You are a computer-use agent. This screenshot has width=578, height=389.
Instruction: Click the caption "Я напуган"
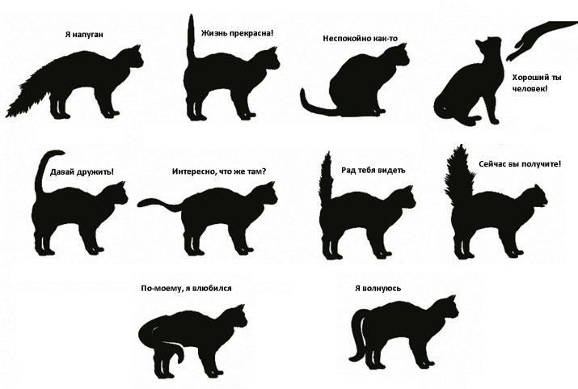click(x=84, y=35)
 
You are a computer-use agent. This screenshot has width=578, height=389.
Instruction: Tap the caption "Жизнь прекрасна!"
click(x=238, y=33)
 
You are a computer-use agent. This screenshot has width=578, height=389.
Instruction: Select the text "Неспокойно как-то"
click(x=361, y=38)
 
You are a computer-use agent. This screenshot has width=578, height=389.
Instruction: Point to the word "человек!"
click(x=530, y=89)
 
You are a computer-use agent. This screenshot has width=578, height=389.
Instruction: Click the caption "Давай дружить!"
click(x=82, y=172)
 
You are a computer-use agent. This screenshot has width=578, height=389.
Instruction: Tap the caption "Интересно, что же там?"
click(x=219, y=171)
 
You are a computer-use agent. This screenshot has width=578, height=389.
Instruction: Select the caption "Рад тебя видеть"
click(x=373, y=170)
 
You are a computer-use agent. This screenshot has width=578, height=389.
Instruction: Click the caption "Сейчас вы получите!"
click(x=520, y=163)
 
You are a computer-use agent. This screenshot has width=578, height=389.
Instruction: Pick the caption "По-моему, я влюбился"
click(x=186, y=289)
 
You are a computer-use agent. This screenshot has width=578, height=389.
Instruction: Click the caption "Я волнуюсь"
click(x=378, y=289)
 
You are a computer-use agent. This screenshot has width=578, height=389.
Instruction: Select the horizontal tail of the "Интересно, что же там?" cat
click(x=159, y=204)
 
